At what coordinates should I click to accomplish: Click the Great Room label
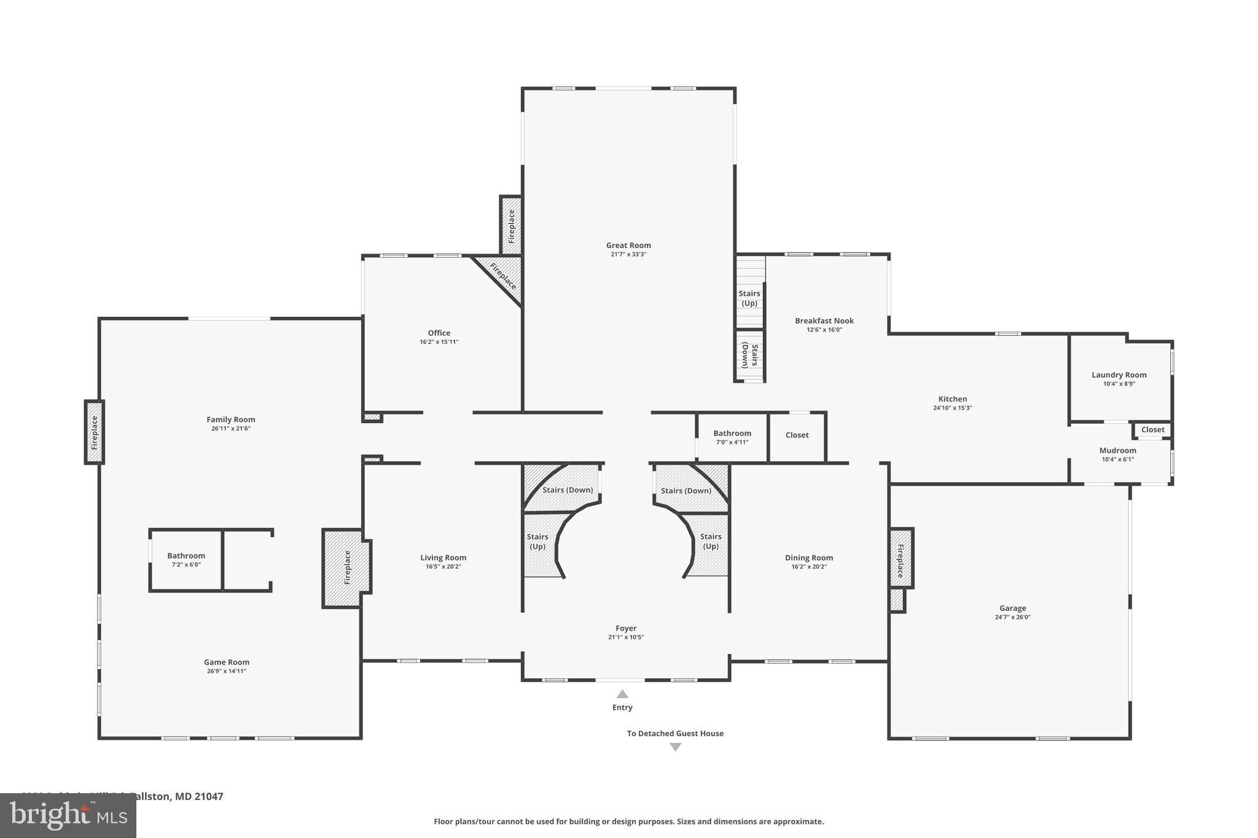point(628,246)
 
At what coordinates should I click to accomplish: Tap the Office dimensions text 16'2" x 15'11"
point(439,342)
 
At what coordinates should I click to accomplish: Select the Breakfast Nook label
point(824,320)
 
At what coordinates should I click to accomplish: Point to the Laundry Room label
point(1119,374)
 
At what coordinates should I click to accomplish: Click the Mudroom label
point(1117,450)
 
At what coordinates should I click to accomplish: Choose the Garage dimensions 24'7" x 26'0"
point(1012,617)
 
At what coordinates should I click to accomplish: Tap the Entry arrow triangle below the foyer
point(622,694)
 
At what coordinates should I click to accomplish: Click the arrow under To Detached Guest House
point(675,747)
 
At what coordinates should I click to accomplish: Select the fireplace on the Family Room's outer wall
point(95,432)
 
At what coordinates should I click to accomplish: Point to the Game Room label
point(227,662)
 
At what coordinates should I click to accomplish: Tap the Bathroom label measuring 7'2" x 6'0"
point(186,556)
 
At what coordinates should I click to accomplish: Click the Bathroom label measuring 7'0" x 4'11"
point(732,433)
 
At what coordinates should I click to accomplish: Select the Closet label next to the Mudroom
point(1152,430)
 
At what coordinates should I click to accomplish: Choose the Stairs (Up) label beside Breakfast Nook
point(749,298)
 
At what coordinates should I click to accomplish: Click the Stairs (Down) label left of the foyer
point(568,490)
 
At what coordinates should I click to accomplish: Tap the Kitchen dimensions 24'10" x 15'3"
point(952,408)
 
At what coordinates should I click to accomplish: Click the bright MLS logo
point(68,815)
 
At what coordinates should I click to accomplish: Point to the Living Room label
point(443,557)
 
